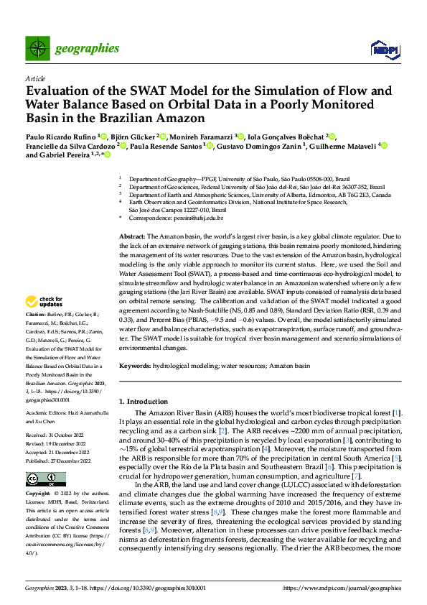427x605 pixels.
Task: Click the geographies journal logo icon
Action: (37, 49)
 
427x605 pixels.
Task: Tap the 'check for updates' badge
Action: (44, 322)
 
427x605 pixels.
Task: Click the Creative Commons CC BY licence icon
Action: (37, 479)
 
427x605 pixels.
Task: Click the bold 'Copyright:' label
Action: (39, 495)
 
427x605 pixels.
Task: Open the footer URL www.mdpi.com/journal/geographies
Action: (343, 588)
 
